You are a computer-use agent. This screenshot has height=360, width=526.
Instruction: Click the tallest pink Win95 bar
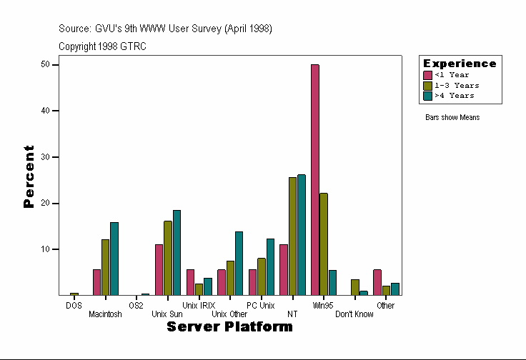(315, 179)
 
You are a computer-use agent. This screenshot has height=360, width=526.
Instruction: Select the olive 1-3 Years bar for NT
(292, 236)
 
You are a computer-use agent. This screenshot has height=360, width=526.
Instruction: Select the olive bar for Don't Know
(355, 287)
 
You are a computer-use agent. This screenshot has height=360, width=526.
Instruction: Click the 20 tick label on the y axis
(45, 203)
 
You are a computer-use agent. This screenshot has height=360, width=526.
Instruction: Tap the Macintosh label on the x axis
(105, 314)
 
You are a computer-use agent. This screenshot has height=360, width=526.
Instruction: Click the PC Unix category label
(260, 306)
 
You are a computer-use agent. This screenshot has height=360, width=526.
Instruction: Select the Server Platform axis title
(229, 326)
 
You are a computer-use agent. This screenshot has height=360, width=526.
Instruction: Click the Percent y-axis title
(29, 176)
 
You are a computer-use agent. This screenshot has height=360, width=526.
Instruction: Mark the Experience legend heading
(460, 64)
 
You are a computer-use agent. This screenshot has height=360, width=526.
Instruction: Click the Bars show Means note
(452, 117)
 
